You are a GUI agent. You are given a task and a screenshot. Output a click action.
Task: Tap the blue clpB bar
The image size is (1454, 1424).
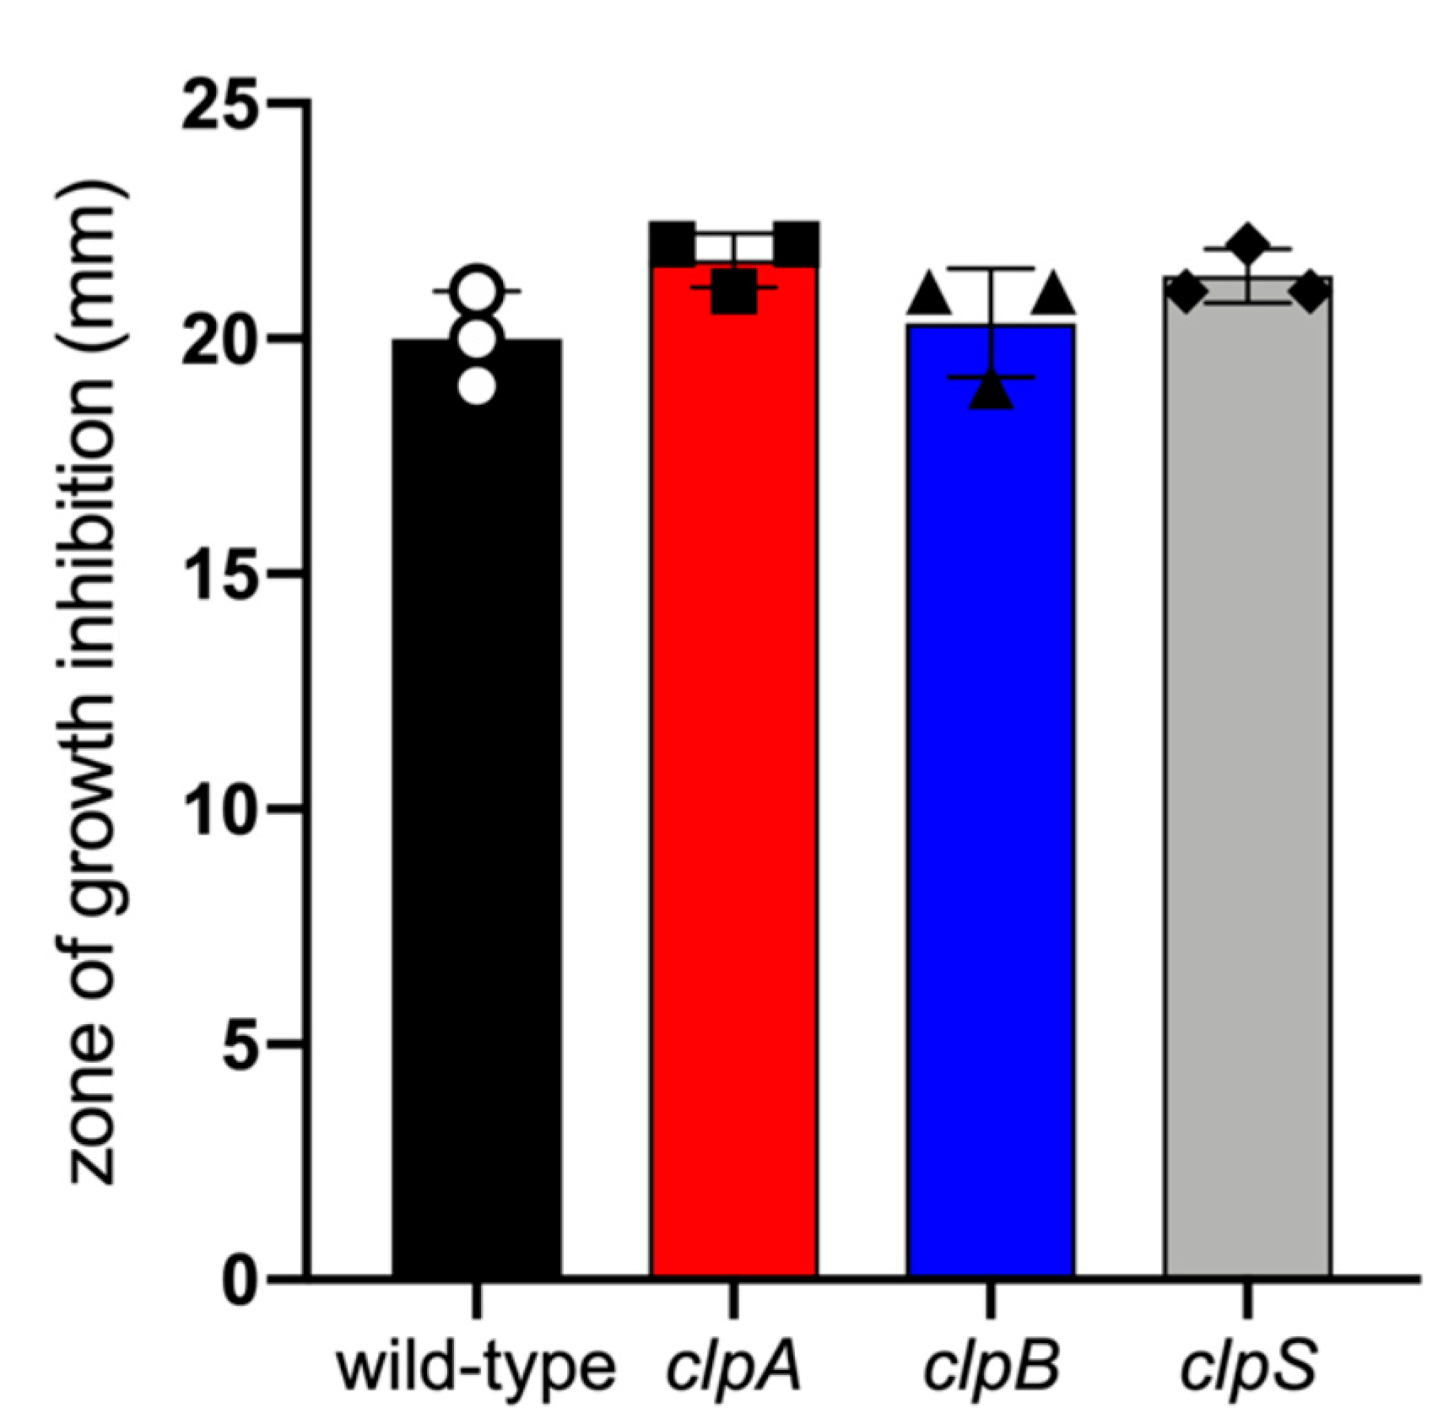click(x=990, y=801)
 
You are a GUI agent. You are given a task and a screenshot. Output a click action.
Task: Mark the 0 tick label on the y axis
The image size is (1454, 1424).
click(x=241, y=1281)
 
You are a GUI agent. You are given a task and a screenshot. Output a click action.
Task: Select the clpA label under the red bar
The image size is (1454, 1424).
click(x=732, y=1368)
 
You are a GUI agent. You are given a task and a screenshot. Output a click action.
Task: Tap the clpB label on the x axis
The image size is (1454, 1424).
click(x=990, y=1368)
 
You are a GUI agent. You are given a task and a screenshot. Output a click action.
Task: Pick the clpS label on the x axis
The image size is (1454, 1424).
click(x=1247, y=1368)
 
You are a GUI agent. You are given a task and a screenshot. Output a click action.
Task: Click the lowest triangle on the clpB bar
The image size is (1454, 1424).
click(x=991, y=390)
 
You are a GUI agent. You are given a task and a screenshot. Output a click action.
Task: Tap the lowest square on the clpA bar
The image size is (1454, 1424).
click(x=733, y=292)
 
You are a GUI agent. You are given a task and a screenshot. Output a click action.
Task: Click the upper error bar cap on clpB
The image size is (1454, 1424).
click(x=991, y=268)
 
